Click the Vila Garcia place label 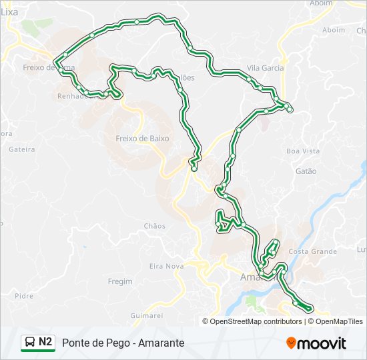tap(265, 68)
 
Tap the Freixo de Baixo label tap(142, 139)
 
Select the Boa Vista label tap(303, 151)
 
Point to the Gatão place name tap(305, 171)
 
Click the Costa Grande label tap(313, 251)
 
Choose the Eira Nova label tap(166, 266)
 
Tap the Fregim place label tap(120, 281)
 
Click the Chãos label tap(154, 226)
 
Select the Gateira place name tap(22, 149)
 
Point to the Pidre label tap(23, 296)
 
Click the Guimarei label tap(147, 315)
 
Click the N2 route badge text tap(45, 342)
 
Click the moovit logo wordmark tap(322, 343)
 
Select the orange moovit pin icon tap(291, 343)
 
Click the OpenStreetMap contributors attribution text tap(256, 321)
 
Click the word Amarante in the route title tap(162, 343)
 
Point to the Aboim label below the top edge tap(334, 30)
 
